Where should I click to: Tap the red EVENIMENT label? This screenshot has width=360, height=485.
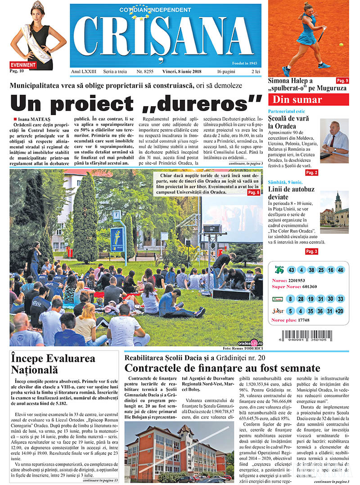point(22,65)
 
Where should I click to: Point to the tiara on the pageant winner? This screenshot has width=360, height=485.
point(38,6)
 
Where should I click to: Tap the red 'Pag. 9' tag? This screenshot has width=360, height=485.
point(342,80)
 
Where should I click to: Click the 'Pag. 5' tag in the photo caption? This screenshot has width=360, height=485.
point(253,193)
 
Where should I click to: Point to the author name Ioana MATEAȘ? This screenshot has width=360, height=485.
point(33,119)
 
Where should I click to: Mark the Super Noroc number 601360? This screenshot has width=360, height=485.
point(316,287)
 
